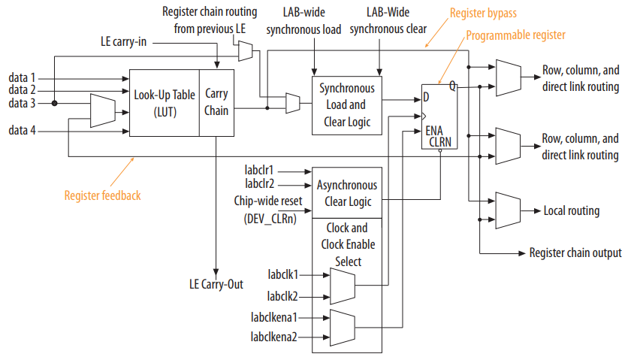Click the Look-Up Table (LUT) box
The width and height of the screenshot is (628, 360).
point(164,102)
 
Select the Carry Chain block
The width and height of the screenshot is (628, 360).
point(216,102)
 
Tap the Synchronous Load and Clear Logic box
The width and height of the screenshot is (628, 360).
point(346,104)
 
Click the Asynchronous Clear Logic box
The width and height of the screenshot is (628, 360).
point(346,192)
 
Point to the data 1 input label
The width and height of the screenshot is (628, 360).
point(22,77)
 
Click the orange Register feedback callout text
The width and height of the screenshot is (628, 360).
point(102,195)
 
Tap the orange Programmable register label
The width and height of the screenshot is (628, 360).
point(515,35)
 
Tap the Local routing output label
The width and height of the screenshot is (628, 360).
point(571,210)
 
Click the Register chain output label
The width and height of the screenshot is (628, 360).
point(575,253)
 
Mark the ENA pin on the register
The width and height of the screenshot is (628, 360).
point(434,129)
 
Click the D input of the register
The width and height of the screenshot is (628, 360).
point(427,96)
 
